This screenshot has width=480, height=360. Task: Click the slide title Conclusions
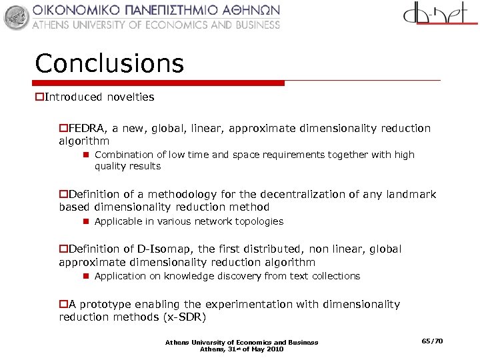click(x=109, y=64)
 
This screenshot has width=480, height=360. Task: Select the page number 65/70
click(x=432, y=341)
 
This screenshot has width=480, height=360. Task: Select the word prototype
click(x=107, y=305)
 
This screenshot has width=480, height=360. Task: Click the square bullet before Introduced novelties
click(x=39, y=97)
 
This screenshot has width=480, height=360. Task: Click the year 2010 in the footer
click(x=273, y=349)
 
